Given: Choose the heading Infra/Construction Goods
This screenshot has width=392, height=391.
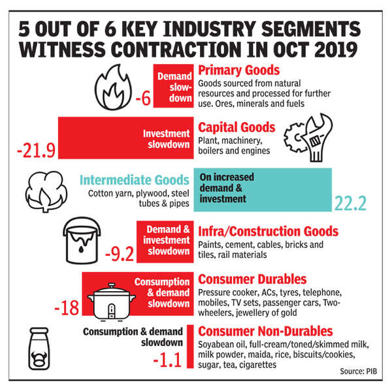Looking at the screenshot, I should point(268,231).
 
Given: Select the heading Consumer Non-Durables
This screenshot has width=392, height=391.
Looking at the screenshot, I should point(264,332).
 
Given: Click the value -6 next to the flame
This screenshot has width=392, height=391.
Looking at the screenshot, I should point(143,99).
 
